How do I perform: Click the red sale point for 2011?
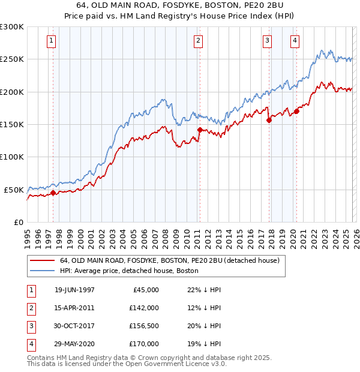tap(200, 130)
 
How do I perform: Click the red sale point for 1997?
tap(53, 193)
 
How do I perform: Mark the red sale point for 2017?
tap(269, 120)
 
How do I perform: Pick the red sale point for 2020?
tap(296, 111)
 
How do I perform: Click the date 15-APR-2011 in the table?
tap(74, 308)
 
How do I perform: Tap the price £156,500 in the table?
tap(144, 326)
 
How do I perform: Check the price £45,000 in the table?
tap(146, 290)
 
